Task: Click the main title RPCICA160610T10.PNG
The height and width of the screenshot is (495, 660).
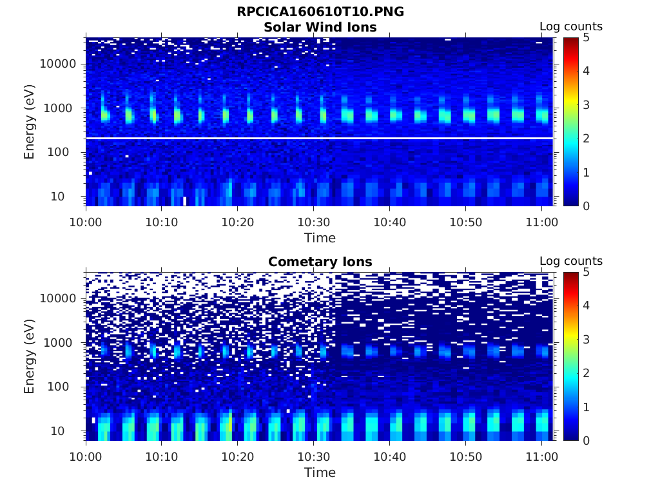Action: (320, 12)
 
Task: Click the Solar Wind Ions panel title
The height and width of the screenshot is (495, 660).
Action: (320, 27)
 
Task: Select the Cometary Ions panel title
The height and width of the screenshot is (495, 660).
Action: (320, 262)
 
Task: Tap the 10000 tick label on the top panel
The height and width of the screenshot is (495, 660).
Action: (59, 64)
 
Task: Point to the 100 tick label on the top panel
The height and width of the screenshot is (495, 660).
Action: (65, 152)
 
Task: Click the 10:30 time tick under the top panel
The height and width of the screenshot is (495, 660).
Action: (313, 222)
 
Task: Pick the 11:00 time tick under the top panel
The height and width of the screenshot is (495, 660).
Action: (541, 222)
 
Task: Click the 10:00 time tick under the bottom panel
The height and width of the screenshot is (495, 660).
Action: (86, 457)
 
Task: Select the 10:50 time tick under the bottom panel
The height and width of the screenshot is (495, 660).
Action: (465, 457)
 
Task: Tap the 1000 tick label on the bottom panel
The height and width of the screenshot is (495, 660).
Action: (62, 343)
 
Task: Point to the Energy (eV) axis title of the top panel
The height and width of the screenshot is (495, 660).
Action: (30, 121)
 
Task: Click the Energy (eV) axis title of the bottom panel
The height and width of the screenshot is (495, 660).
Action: (30, 356)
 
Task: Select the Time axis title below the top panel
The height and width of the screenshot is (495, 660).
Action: (320, 238)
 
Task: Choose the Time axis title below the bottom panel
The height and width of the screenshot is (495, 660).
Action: (320, 472)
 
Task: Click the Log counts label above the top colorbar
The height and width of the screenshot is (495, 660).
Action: (571, 26)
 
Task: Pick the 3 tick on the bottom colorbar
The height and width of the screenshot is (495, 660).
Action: (586, 339)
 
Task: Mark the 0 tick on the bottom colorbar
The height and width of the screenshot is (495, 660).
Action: (586, 440)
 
